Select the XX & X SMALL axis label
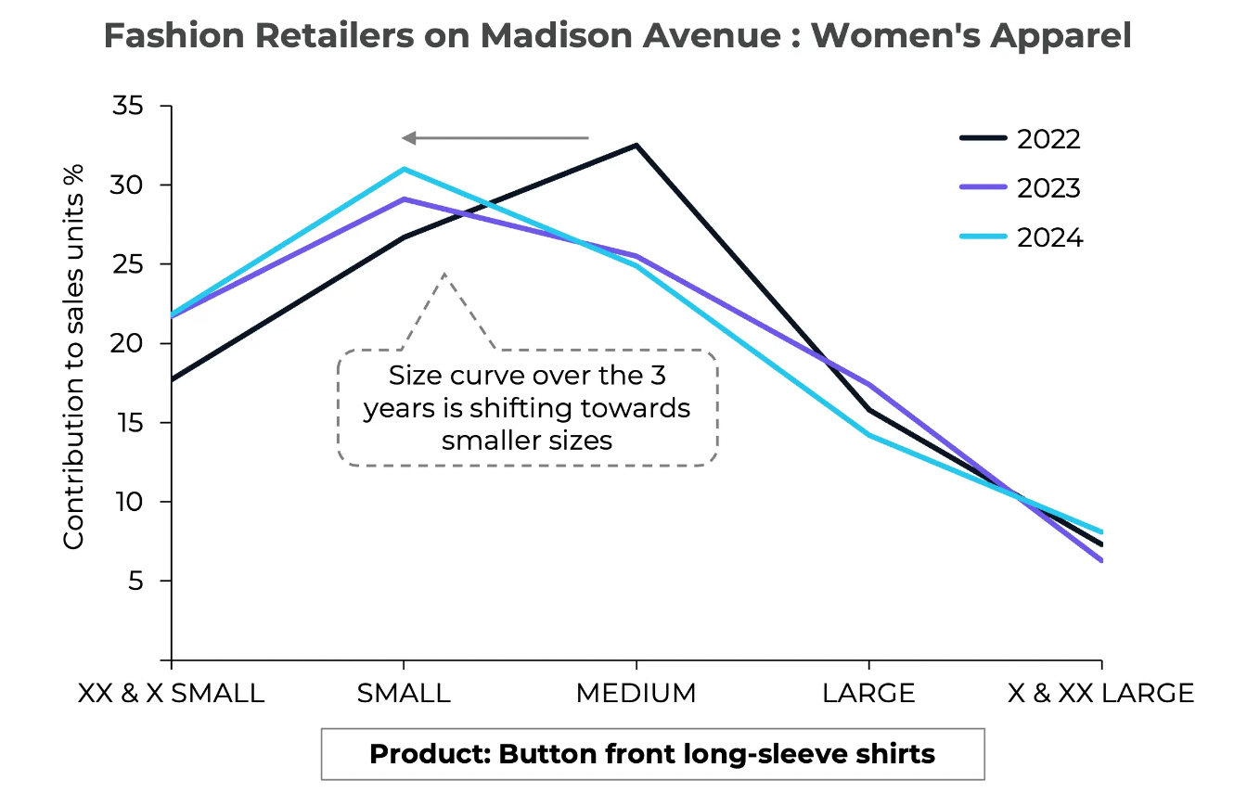(172, 694)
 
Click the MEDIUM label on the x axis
(636, 694)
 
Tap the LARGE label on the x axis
(868, 694)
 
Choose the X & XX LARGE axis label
(1100, 694)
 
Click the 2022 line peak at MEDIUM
(636, 146)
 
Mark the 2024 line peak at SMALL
(404, 169)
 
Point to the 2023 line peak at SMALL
(404, 198)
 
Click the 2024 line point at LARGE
(868, 435)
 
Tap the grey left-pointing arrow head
(408, 138)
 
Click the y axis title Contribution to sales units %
(73, 357)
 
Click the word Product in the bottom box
(429, 753)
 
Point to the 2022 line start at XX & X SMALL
(173, 379)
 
